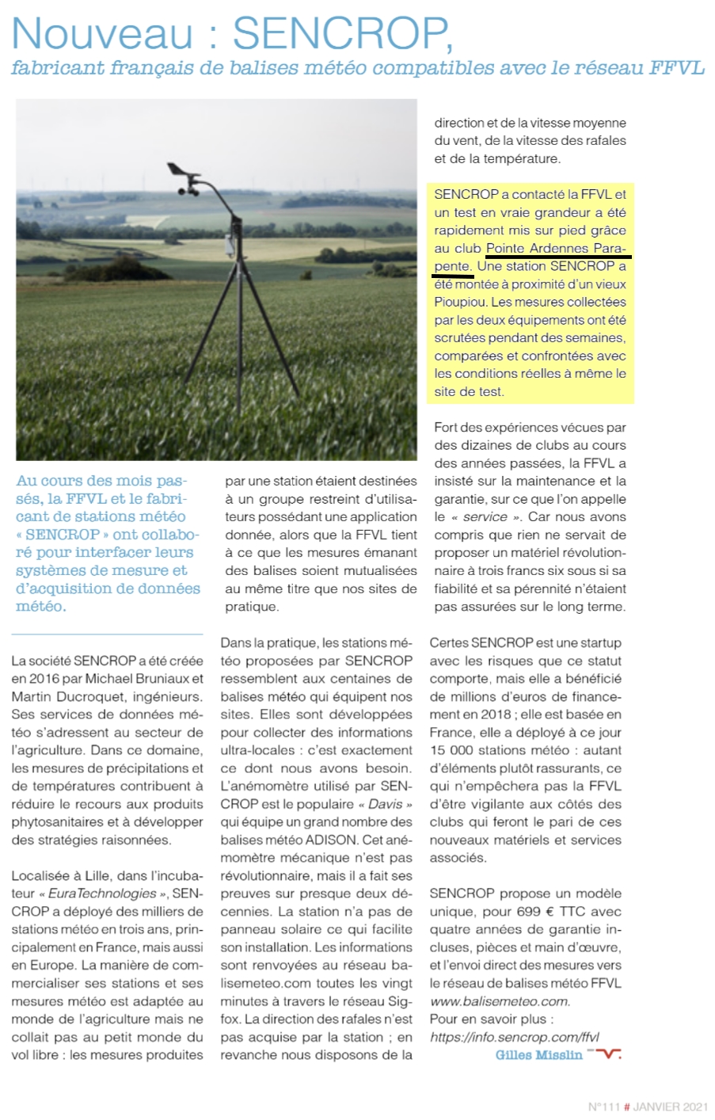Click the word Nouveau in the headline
coord(102,33)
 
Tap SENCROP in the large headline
coord(342,33)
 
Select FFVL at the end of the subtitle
coord(676,68)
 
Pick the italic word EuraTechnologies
coord(102,893)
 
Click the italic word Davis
coord(386,805)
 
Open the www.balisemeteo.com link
coord(499,1001)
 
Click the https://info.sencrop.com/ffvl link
coord(514,1037)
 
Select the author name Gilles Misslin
coord(538,1055)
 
